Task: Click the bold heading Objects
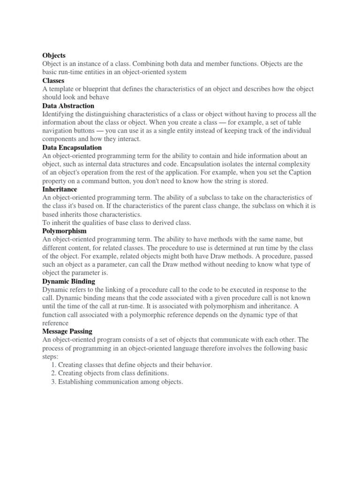54,56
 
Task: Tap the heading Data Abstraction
68,106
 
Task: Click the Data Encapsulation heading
72,148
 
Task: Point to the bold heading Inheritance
60,189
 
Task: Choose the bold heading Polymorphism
64,231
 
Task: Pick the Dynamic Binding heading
68,281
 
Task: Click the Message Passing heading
67,331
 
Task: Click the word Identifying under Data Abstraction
60,114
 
